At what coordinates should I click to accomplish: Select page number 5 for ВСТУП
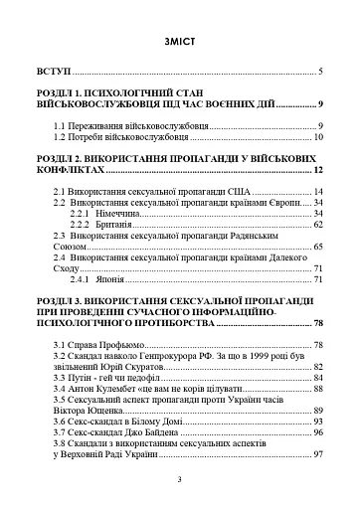[x=321, y=73]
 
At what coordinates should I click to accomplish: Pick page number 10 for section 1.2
[x=318, y=136]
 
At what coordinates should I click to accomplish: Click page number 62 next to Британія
[x=318, y=224]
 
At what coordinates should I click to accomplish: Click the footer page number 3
[x=179, y=480]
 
